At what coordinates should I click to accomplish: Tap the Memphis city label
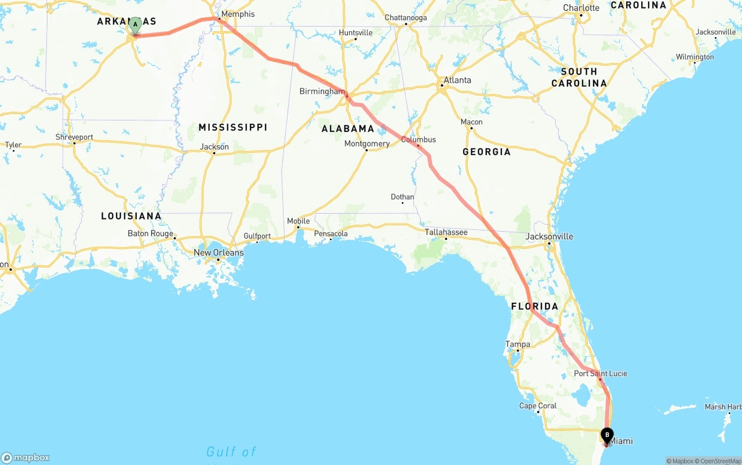(238, 14)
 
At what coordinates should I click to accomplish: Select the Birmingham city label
(322, 91)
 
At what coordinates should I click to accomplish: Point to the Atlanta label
(457, 80)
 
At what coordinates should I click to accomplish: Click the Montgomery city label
(366, 144)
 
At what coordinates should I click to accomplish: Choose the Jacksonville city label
(549, 236)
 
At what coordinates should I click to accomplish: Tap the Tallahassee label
(446, 232)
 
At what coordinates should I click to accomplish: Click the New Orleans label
(219, 252)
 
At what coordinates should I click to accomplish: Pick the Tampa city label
(518, 344)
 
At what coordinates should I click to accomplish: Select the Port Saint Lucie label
(601, 374)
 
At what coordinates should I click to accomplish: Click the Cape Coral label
(539, 406)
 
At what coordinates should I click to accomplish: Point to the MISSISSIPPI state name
(232, 127)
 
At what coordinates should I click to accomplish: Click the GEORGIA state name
(486, 152)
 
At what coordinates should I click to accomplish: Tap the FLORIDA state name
(534, 306)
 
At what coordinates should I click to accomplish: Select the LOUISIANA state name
(131, 216)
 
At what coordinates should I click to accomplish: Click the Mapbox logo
(26, 457)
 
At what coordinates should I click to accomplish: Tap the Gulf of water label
(231, 452)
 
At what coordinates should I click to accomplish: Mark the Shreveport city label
(74, 137)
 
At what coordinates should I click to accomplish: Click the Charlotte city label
(581, 8)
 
